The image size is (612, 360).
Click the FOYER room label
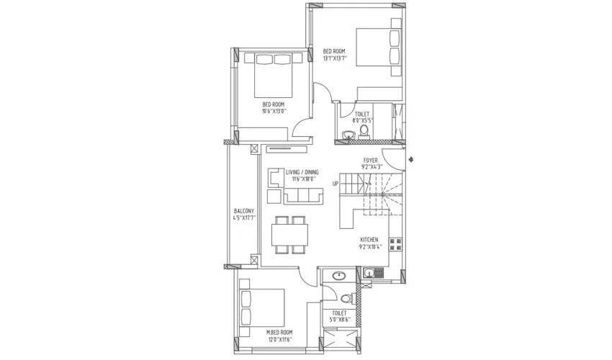[371, 160]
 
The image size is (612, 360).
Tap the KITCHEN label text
[370, 240]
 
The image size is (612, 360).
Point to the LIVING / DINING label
[302, 171]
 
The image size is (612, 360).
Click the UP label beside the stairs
[336, 184]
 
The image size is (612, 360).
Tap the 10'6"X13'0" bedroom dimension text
[273, 112]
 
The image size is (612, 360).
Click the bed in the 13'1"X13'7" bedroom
[377, 48]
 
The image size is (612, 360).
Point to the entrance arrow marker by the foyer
[410, 159]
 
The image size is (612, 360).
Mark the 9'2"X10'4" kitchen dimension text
[370, 247]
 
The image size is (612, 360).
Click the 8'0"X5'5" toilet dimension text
[363, 120]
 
